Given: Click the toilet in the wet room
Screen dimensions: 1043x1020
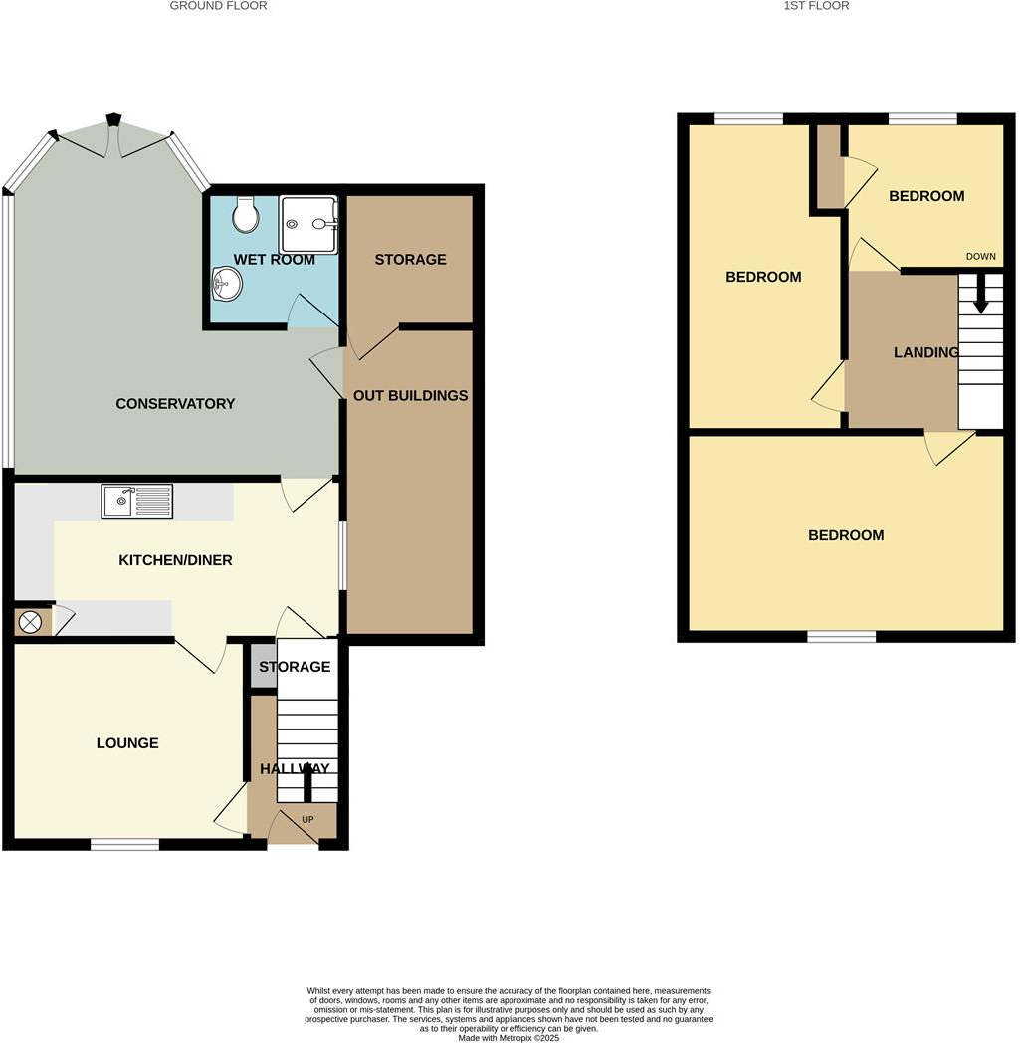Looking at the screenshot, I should point(245,213).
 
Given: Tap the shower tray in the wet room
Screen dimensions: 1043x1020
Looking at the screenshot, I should point(308,225).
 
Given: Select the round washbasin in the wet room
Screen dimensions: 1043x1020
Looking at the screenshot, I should point(227,285).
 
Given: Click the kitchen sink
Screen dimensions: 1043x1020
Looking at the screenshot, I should point(136,501).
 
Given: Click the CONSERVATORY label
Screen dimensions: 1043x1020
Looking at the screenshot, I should point(175,403).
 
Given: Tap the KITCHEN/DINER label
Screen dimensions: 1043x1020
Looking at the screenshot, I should point(175,560).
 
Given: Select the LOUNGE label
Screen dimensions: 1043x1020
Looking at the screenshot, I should point(127,743).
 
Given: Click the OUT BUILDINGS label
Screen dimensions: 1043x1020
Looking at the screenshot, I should point(410,395).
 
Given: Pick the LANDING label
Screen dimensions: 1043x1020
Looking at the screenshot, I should point(925,352).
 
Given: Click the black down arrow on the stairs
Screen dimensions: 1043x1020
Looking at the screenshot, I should point(981,294).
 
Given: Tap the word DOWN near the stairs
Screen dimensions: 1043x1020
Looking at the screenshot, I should point(980,257).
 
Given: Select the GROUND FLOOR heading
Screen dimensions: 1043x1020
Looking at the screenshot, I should point(218,6).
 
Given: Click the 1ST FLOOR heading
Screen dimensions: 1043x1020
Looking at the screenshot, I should point(816,6).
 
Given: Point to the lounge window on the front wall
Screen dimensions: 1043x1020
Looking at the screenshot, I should point(124,845).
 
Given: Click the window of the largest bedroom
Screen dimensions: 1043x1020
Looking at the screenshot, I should point(841,636).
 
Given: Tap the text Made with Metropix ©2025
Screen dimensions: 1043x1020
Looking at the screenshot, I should point(509,1038).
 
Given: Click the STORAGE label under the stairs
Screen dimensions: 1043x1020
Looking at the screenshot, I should point(295,667).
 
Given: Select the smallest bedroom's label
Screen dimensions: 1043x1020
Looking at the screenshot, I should point(926,196).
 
